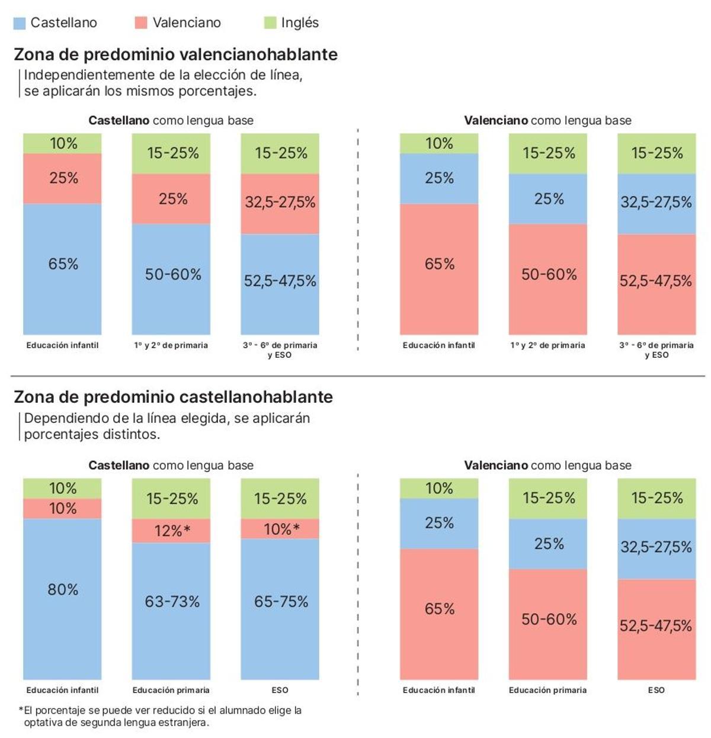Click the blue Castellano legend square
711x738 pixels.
pos(19,23)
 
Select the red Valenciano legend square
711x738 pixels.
pos(140,23)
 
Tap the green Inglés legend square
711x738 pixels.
pos(270,23)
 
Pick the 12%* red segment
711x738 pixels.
pos(171,531)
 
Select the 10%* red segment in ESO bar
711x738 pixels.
pos(280,529)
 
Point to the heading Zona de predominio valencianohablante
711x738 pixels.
pos(175,54)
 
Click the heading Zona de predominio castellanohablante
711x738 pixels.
pos(173,397)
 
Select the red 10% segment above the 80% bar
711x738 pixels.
pos(62,508)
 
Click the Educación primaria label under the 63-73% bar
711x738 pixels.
pos(171,690)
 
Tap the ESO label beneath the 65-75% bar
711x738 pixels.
pos(280,690)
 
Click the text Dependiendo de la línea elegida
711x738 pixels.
pos(166,418)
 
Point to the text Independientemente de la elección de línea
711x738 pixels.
pos(163,75)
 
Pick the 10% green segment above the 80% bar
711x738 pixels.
pos(62,488)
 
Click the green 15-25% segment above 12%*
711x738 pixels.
pos(171,499)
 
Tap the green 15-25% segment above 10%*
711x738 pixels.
pos(280,499)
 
